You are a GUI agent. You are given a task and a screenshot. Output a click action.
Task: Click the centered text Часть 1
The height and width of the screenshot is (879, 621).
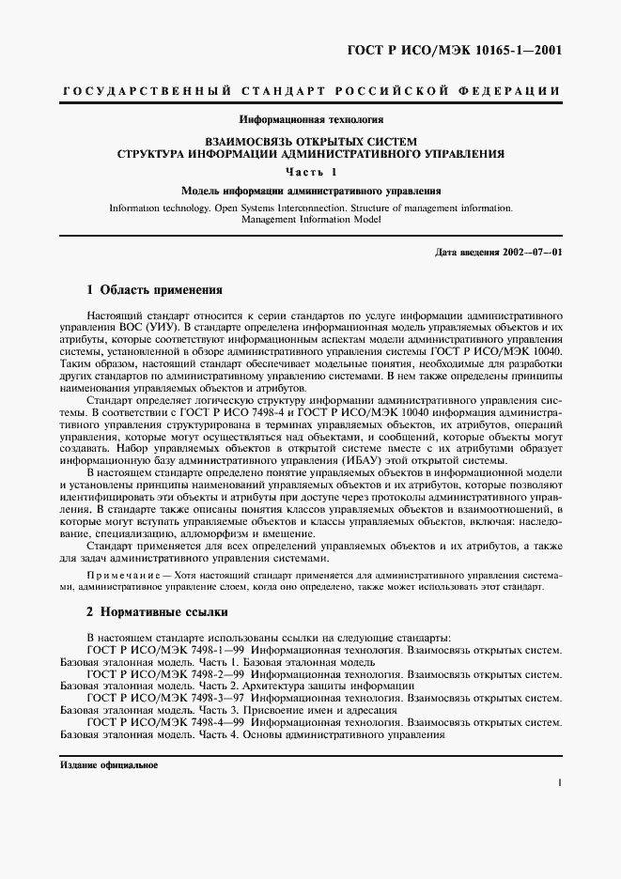point(310,171)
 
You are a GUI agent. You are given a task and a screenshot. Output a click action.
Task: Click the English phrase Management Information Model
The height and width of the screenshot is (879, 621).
point(310,219)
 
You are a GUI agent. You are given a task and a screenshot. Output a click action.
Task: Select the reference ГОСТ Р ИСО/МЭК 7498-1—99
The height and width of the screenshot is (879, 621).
point(165,649)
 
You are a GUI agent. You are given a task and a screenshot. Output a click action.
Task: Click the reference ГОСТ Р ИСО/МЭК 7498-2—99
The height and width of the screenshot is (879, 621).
point(165,673)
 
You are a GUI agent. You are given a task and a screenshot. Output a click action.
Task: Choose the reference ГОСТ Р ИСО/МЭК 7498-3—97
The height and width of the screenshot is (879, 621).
point(165,698)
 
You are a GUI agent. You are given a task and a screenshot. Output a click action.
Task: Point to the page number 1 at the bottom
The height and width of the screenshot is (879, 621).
point(558,781)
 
